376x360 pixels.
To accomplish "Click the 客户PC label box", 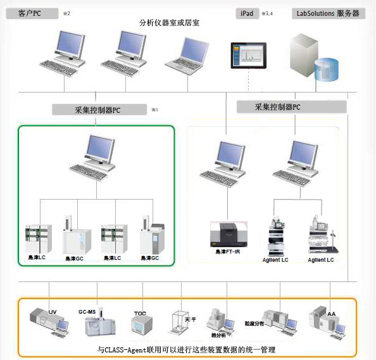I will click(30, 12).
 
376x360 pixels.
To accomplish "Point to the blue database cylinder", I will click(326, 70).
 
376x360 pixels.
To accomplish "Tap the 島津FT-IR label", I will click(229, 252).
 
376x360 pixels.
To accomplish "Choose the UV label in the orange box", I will click(53, 312).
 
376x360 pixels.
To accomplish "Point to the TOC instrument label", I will click(140, 314).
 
